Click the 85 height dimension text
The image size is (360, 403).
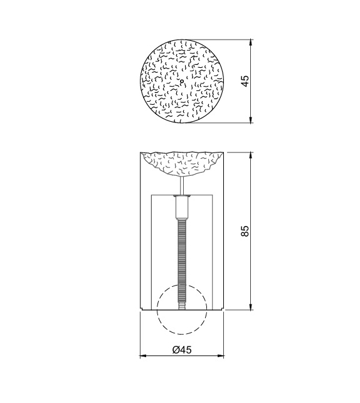click(245, 231)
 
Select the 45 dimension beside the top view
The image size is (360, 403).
click(245, 81)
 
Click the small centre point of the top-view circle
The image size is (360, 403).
click(181, 81)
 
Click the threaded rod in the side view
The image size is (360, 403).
click(182, 257)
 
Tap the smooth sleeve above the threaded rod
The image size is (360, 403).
click(182, 208)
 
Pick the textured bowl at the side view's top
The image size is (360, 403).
click(182, 163)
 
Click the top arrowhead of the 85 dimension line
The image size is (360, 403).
click(251, 155)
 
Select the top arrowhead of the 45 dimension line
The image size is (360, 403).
click(251, 43)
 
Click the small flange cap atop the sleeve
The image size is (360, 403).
click(182, 197)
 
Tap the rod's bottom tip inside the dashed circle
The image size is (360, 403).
click(182, 308)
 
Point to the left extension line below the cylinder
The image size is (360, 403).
click(139, 333)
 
